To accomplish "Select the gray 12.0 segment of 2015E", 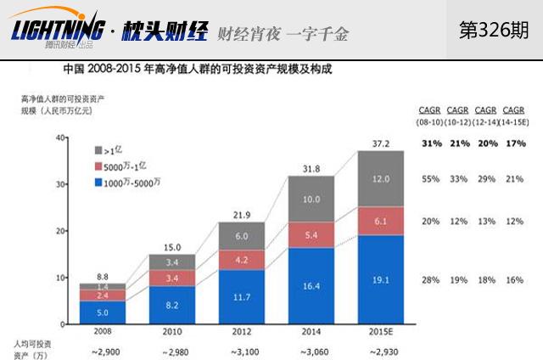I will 381,178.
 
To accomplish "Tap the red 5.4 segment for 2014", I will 311,234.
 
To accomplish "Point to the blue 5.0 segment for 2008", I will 102,312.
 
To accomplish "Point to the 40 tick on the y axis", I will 59,138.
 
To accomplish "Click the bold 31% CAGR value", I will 429,143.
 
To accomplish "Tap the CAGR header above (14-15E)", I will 513,110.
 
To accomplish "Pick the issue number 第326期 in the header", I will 494,30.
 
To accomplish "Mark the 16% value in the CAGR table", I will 513,280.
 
